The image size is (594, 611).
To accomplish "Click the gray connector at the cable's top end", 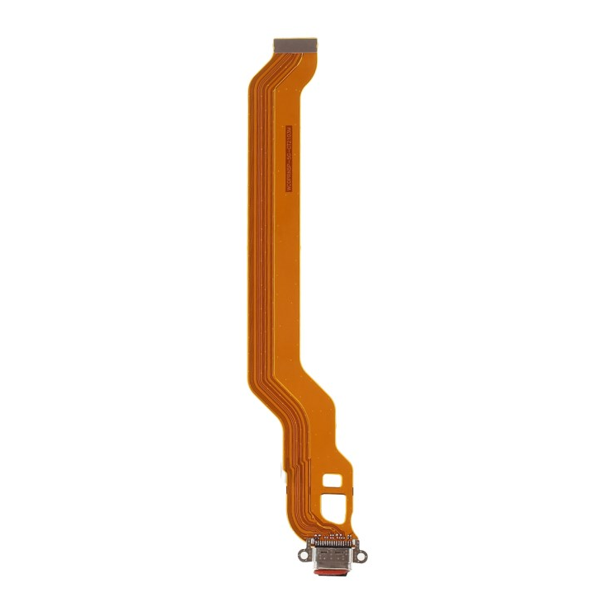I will pyautogui.click(x=296, y=40).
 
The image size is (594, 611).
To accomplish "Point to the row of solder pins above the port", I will pyautogui.click(x=334, y=544).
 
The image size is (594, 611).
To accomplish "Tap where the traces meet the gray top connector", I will pyautogui.click(x=296, y=49).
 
